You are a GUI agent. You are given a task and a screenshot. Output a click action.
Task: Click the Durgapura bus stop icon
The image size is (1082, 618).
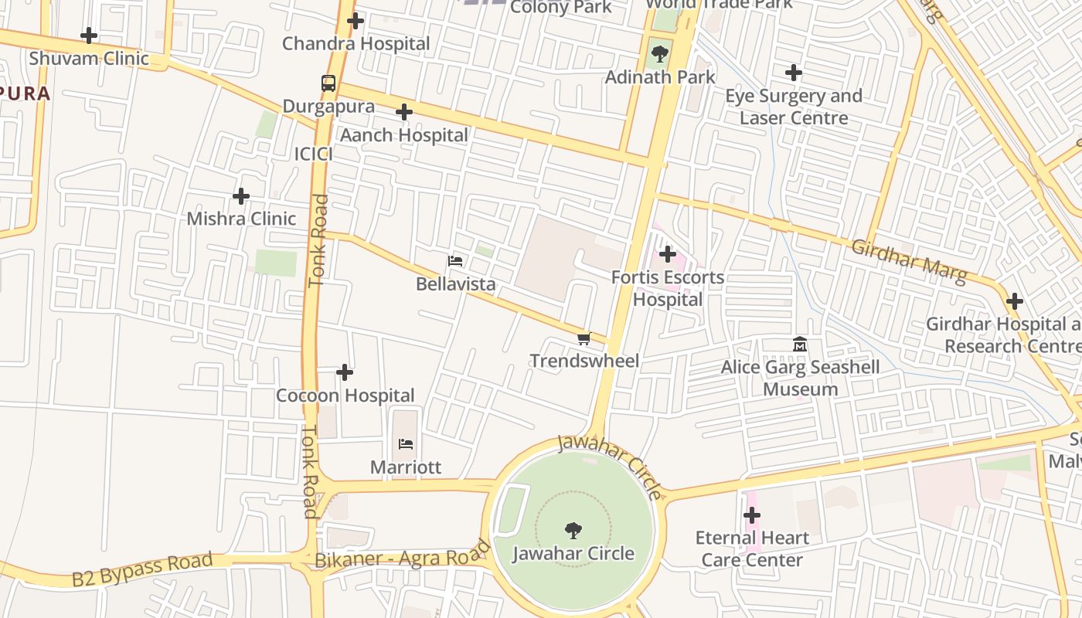[x=328, y=83]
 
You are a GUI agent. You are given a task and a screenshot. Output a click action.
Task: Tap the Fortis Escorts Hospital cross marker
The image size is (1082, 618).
[x=668, y=254]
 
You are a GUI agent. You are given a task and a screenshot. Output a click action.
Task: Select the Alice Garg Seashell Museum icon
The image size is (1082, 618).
[x=800, y=345]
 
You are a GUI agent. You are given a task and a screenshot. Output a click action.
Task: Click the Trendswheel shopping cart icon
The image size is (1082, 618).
[x=584, y=338]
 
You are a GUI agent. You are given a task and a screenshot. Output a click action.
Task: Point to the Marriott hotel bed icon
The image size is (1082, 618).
[x=406, y=444]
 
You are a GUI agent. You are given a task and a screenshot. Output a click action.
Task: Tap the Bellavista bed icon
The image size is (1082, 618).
[x=456, y=261]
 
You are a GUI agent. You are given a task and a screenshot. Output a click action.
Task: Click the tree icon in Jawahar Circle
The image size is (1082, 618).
[x=573, y=530]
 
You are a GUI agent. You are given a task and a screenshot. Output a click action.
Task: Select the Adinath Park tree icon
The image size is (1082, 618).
[x=660, y=54]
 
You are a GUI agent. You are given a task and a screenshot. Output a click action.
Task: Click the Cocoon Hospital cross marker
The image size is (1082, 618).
[x=345, y=373]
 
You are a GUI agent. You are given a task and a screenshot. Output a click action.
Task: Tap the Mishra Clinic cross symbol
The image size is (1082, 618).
[x=241, y=196]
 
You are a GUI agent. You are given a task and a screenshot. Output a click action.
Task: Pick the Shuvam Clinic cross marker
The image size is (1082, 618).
[x=89, y=36]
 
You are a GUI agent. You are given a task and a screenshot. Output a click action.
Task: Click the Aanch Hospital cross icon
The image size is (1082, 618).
[x=403, y=113]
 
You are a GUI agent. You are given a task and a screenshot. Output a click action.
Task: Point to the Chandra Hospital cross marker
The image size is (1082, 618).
[x=356, y=21]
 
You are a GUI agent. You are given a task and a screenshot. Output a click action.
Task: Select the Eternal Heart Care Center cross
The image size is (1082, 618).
[x=752, y=515]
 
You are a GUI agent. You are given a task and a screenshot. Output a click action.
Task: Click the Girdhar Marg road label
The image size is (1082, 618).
[x=909, y=261]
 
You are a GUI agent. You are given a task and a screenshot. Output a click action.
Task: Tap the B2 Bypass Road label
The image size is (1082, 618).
[x=142, y=569]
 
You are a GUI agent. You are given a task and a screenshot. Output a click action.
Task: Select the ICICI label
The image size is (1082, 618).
[x=314, y=154]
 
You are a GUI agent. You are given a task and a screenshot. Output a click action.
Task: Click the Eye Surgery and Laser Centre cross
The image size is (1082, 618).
[x=794, y=73]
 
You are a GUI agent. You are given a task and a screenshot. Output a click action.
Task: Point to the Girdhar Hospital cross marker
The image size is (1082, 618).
[x=1015, y=301]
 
